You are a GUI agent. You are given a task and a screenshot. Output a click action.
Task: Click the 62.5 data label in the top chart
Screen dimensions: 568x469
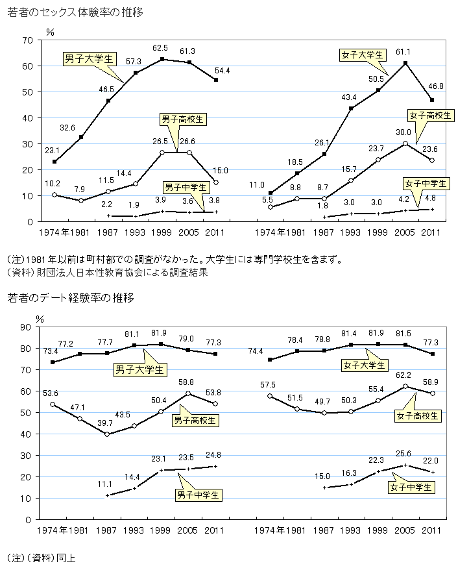coord(160,48)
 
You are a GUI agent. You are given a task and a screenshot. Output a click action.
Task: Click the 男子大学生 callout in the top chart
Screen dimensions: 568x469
coord(89,58)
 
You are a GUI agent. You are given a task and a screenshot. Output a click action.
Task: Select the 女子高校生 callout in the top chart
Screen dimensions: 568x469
coord(429,115)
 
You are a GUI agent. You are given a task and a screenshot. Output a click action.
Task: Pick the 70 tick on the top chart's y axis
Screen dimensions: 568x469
coord(27,40)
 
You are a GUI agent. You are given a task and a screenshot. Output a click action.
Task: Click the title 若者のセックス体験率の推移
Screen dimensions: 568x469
coord(75,12)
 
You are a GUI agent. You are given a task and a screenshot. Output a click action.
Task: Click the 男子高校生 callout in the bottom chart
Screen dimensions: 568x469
coord(195,420)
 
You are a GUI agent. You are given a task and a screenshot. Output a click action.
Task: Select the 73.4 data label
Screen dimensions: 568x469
coord(51,351)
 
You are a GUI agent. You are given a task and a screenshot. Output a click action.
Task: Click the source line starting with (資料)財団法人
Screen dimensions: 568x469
coord(106,273)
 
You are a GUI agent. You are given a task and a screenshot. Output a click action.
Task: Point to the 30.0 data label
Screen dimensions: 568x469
coord(403,130)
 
